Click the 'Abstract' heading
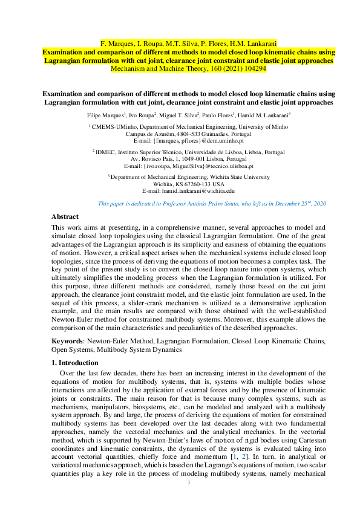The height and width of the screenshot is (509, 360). coord(65,216)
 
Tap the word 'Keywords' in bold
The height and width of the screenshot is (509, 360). coord(67,341)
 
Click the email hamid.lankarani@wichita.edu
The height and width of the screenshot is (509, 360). coord(196,190)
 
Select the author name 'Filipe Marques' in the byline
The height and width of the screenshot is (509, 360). coord(105,114)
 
